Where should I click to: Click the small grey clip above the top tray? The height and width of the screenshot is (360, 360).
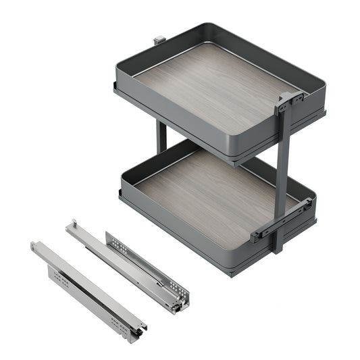tap(159, 40)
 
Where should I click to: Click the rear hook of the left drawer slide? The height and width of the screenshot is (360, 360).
tap(35, 246)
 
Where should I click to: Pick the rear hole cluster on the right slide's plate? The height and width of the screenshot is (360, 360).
tap(116, 242)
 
